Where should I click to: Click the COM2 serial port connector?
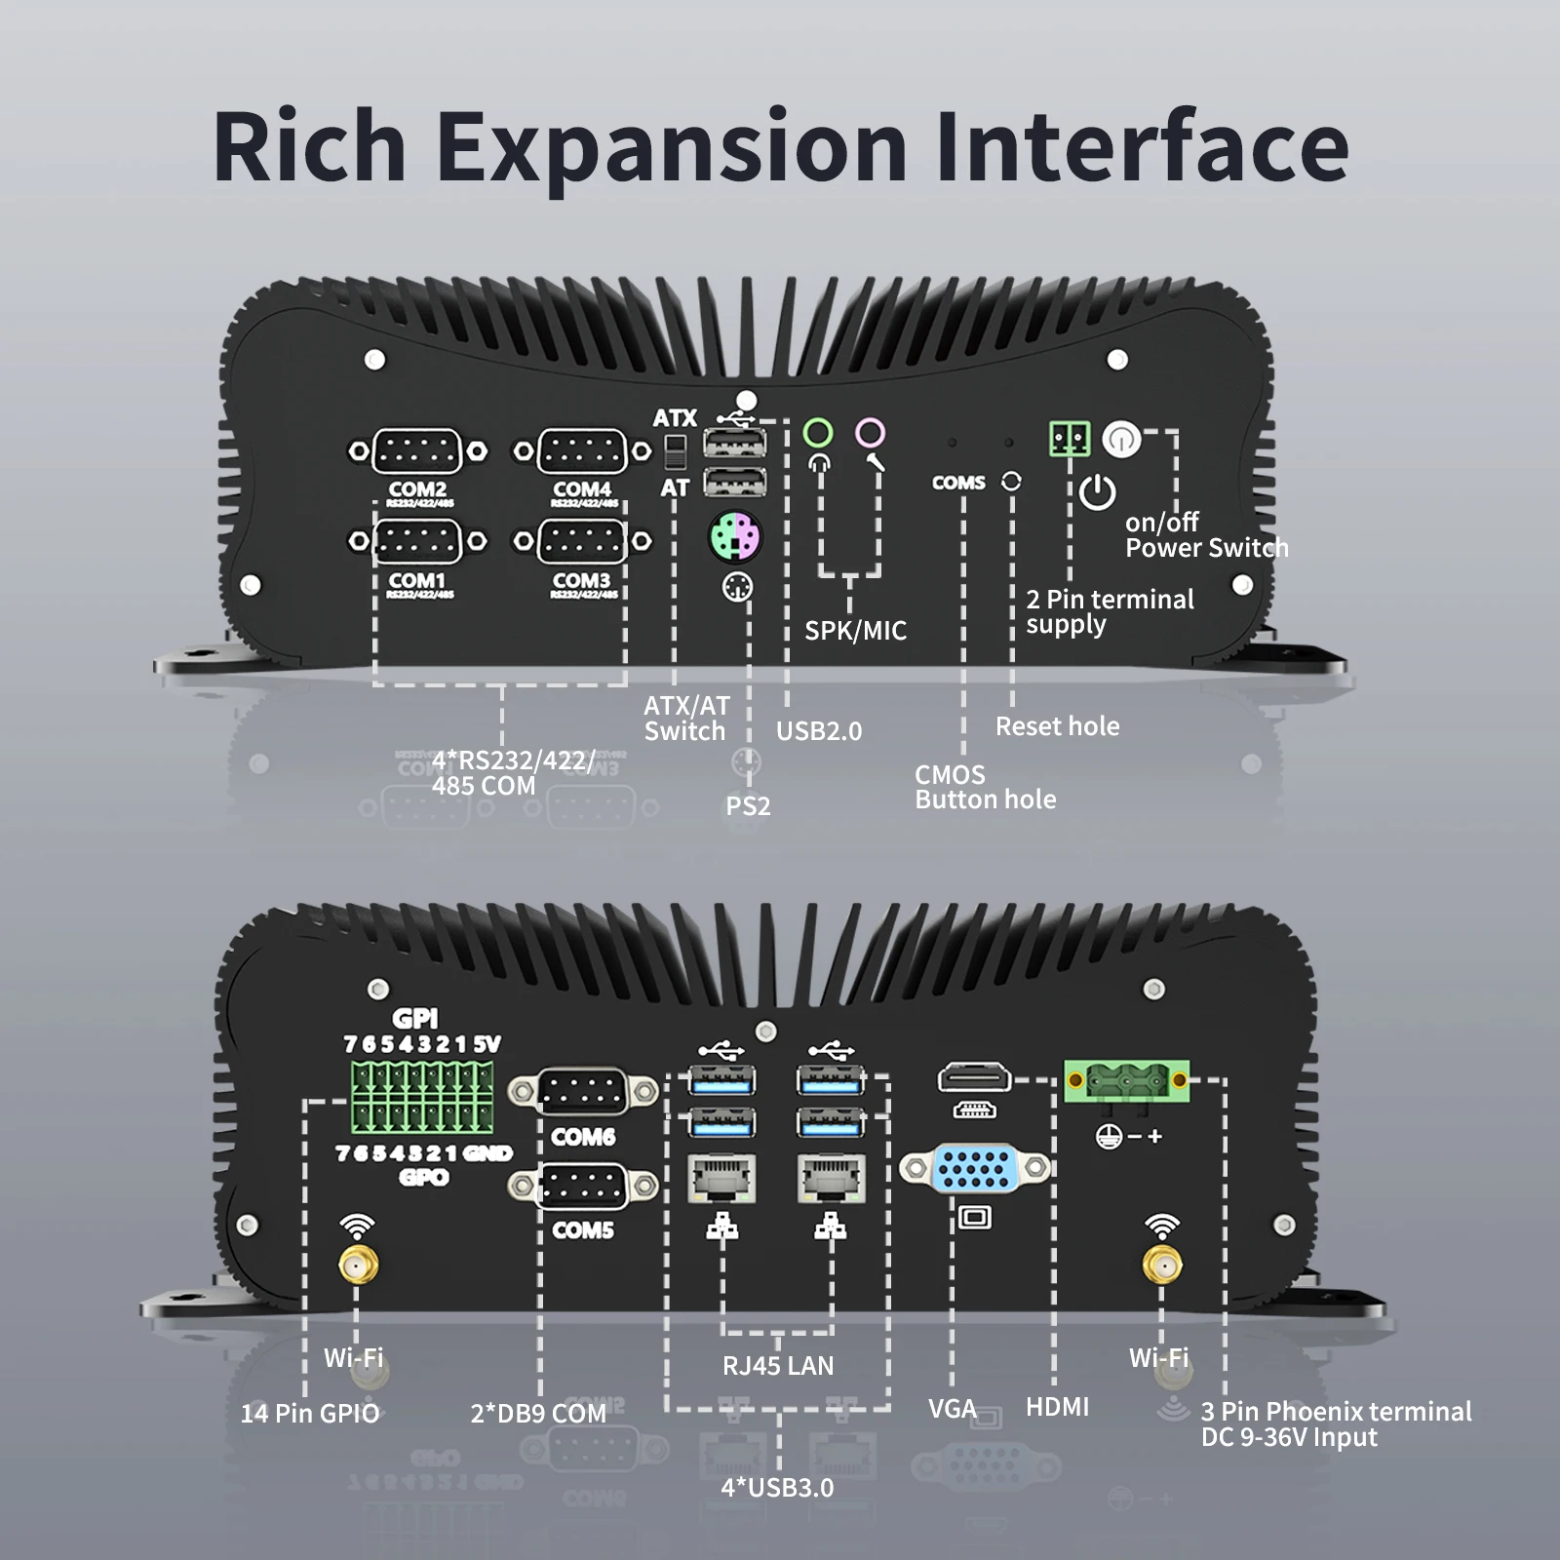[x=417, y=451]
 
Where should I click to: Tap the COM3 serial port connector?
[x=582, y=541]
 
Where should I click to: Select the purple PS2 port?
[x=735, y=536]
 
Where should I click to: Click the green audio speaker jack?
[x=818, y=432]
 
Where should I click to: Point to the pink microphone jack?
[x=870, y=432]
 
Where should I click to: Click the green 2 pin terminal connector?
[x=1070, y=439]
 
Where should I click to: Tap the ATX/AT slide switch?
[x=675, y=451]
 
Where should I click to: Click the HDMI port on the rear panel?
[x=974, y=1078]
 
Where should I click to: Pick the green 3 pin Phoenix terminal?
[x=1127, y=1080]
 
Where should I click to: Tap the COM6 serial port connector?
[x=582, y=1091]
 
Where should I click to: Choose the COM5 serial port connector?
[x=582, y=1186]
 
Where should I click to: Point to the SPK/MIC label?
[x=855, y=631]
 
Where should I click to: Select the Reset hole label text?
[x=1057, y=726]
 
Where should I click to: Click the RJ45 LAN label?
[x=778, y=1366]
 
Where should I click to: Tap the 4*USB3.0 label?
[x=777, y=1488]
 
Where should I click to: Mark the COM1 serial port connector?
[x=417, y=541]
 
